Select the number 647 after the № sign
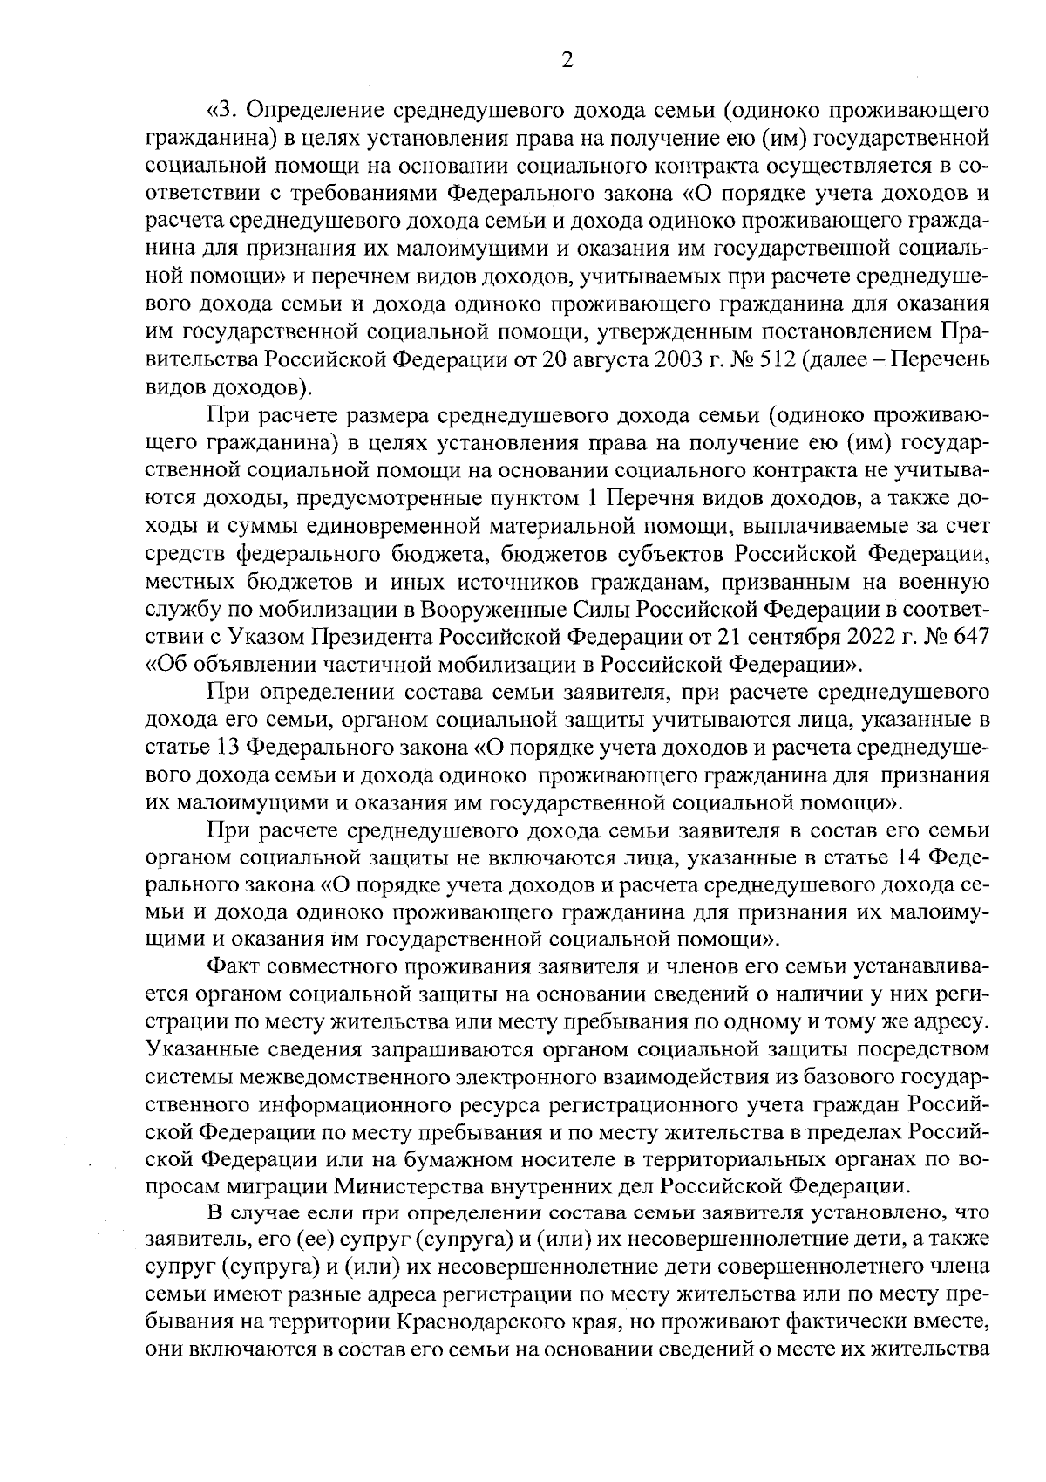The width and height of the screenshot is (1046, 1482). click(969, 637)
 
